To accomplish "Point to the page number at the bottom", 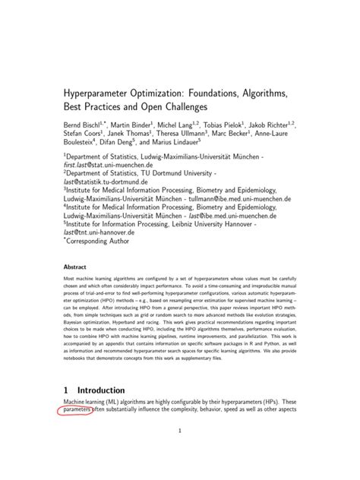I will [180, 453].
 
